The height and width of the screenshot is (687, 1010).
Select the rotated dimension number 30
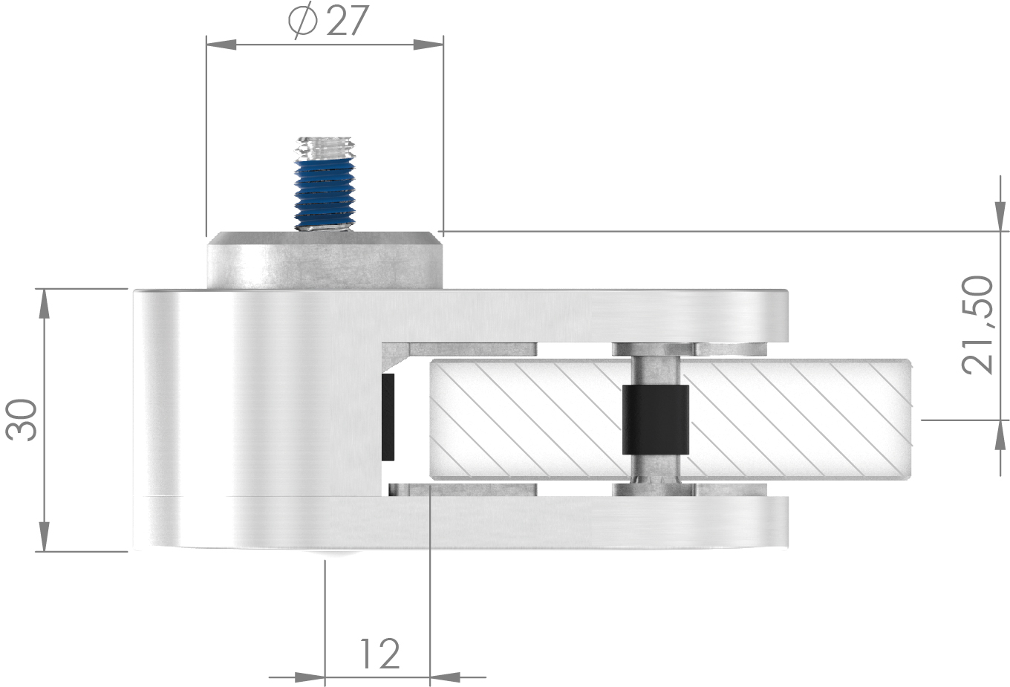[x=22, y=420]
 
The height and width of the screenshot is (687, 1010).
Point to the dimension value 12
[x=379, y=654]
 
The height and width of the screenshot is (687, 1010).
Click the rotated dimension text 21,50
[x=977, y=325]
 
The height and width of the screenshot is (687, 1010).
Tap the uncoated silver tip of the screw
[x=325, y=147]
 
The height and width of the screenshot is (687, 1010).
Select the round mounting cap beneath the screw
[x=325, y=261]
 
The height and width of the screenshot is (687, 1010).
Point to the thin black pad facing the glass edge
[x=388, y=417]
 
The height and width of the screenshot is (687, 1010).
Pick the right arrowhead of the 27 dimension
[x=429, y=45]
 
